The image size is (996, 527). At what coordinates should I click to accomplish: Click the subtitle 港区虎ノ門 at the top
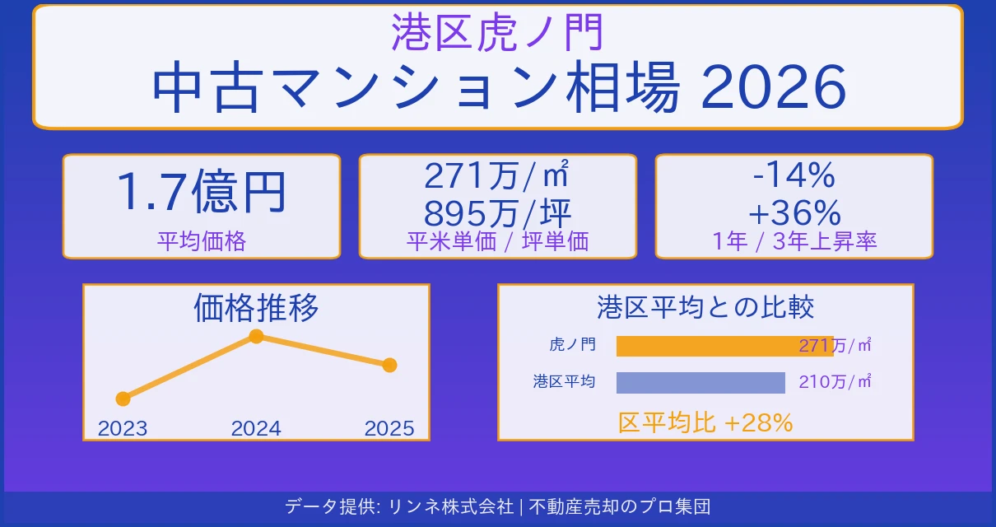[x=498, y=32]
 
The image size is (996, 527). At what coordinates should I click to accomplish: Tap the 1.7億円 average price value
[x=202, y=192]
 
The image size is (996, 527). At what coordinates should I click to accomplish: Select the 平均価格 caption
[x=202, y=241]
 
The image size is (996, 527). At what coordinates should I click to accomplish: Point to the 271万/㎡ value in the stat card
[x=497, y=175]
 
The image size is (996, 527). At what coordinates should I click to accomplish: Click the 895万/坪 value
[x=497, y=213]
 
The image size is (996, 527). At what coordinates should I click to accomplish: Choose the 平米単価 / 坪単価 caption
[x=497, y=241]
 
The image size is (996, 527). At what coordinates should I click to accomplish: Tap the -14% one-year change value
[x=794, y=175]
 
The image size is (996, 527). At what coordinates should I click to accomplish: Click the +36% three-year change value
[x=794, y=213]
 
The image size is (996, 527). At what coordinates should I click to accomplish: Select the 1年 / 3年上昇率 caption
[x=794, y=241]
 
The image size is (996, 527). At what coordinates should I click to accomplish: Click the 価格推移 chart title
[x=256, y=308]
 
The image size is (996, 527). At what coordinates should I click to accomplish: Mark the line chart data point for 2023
[x=123, y=399]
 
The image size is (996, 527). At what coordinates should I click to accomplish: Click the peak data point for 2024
[x=256, y=336]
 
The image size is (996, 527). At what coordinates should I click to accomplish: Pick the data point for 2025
[x=389, y=365]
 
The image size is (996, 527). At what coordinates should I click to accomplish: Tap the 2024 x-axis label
[x=256, y=428]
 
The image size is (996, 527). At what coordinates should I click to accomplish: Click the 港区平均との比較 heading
[x=705, y=307]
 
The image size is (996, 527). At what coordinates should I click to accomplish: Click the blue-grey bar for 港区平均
[x=700, y=382]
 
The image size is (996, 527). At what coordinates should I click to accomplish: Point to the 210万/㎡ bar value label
[x=835, y=382]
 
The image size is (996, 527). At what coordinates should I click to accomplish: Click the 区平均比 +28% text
[x=705, y=422]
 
